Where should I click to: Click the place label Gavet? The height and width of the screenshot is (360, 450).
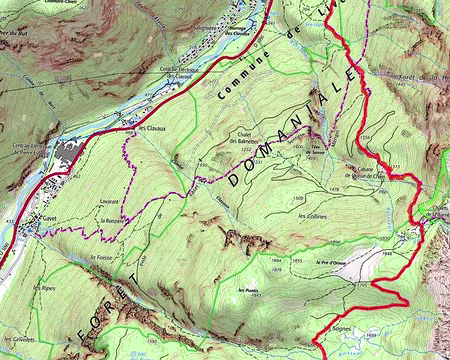coord(49,217)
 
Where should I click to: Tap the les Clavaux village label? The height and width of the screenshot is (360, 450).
coord(151,129)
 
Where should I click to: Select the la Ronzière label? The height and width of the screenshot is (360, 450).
coord(113,219)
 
